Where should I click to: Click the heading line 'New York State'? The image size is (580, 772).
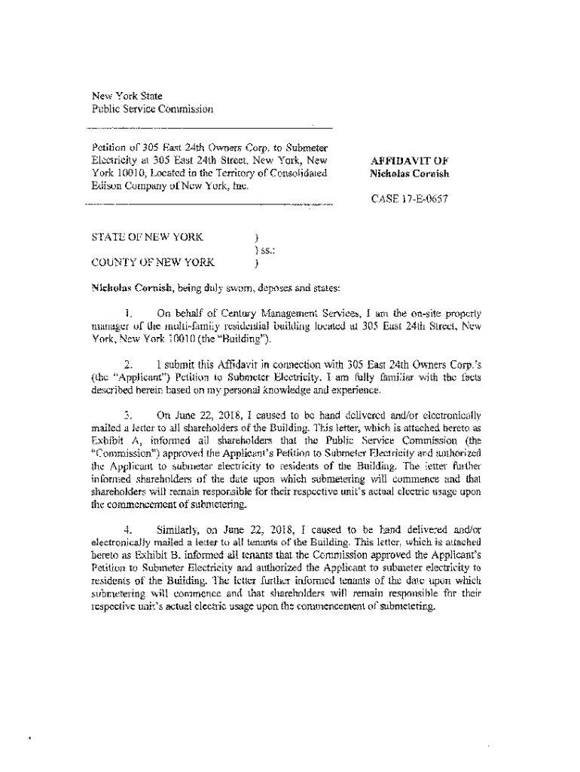click(x=121, y=96)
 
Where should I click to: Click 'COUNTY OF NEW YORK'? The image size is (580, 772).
click(x=152, y=263)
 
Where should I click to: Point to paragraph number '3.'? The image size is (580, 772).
click(x=129, y=415)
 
